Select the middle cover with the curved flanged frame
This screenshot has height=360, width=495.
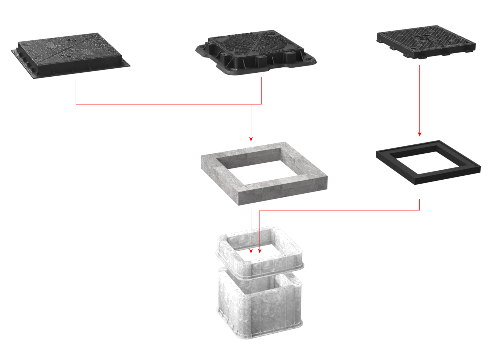255,52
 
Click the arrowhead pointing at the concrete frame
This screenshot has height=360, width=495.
251,139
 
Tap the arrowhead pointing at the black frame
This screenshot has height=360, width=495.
419,134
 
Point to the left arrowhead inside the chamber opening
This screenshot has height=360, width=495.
251,251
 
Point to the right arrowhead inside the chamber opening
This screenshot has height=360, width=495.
260,251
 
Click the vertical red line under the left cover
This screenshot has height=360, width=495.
76,92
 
